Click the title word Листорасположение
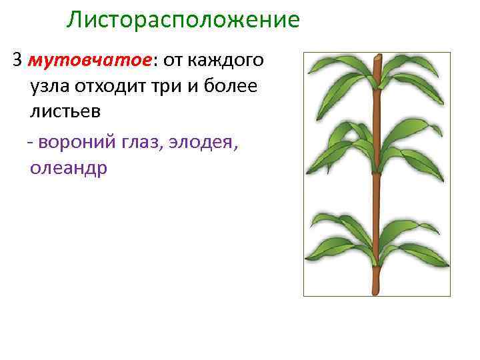183,20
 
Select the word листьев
65,111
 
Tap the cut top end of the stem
377,59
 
